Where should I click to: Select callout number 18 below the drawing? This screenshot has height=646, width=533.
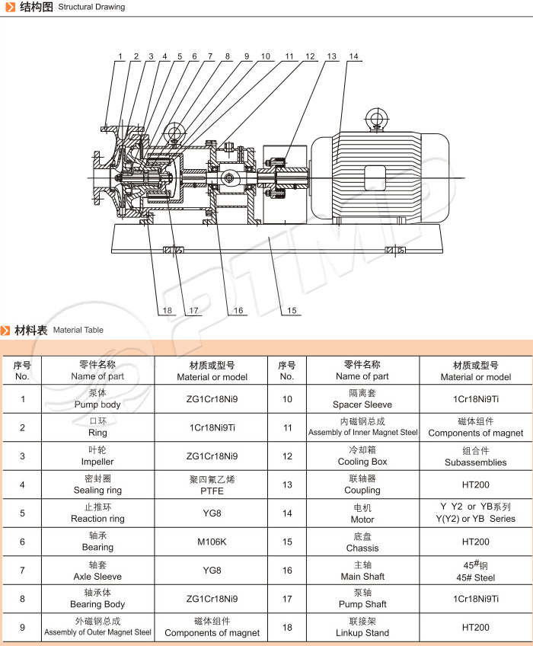click(167, 311)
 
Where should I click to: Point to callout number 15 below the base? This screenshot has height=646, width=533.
click(290, 311)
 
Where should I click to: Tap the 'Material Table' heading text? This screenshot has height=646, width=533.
click(78, 330)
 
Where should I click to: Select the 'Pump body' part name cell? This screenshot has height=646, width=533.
click(97, 399)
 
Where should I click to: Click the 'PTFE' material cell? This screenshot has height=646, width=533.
click(212, 485)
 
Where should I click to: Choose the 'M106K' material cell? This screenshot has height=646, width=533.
click(212, 542)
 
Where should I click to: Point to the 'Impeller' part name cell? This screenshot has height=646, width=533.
click(97, 456)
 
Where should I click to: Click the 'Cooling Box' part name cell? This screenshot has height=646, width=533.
click(362, 456)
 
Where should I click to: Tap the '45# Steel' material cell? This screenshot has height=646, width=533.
click(476, 571)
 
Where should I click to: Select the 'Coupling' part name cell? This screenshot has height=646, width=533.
click(362, 485)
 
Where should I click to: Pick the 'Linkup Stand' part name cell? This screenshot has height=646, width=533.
click(362, 628)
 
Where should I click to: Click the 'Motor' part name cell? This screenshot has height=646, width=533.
click(362, 513)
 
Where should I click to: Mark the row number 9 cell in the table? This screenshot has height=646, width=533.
click(22, 628)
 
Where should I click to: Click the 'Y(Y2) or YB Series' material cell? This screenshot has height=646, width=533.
click(476, 513)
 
